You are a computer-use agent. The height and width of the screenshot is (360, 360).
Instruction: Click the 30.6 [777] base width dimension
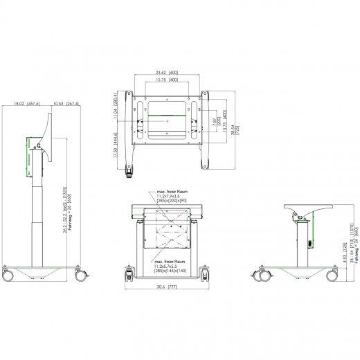[167, 285]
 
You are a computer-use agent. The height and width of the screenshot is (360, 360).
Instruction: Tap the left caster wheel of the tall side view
[10, 275]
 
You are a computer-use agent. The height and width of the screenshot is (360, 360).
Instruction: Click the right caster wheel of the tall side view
[80, 275]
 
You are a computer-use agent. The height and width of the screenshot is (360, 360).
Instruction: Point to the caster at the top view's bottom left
[128, 169]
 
